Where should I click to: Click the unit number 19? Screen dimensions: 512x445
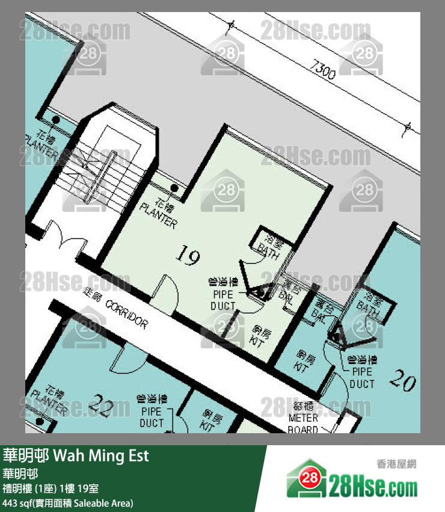point(187,258)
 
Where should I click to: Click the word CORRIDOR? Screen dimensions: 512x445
point(126,315)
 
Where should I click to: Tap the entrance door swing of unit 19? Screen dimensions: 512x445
point(165,290)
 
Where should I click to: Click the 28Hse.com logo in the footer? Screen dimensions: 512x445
point(352,481)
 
